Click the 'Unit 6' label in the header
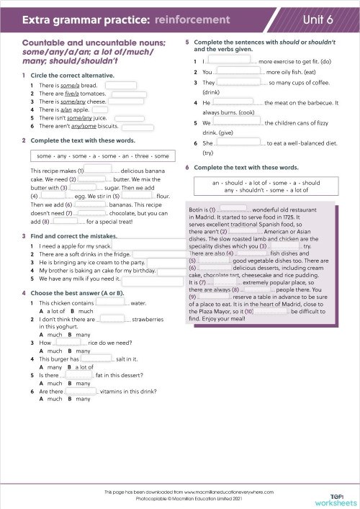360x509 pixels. (x=322, y=19)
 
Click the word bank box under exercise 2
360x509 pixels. (x=102, y=156)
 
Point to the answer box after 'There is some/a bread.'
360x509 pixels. (x=121, y=86)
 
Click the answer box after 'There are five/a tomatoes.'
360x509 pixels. (x=129, y=94)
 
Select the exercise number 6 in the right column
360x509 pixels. (x=187, y=167)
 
